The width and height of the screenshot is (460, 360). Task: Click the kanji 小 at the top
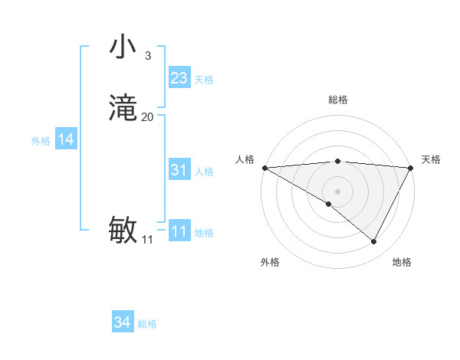[x=123, y=47]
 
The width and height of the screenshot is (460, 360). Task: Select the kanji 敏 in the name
[x=123, y=230]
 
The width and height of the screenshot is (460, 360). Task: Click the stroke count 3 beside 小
[x=147, y=56]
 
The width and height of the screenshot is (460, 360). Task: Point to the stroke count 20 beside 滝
[x=148, y=117]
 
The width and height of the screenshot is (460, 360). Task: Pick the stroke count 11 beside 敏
[x=147, y=240]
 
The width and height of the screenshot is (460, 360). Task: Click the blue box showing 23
[x=179, y=78]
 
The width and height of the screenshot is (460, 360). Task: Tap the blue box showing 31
[x=179, y=170]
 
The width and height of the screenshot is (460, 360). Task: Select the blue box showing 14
[x=66, y=139]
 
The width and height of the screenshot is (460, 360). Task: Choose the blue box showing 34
[x=123, y=322]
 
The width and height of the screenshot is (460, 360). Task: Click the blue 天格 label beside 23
[x=204, y=80]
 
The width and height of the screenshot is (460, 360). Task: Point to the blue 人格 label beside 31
[x=204, y=172]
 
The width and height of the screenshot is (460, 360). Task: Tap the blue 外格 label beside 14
[x=41, y=141]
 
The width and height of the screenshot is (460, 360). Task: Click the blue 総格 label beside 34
[x=147, y=324]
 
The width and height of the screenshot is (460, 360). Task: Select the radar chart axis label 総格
[x=338, y=100]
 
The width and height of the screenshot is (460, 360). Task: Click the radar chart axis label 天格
[x=431, y=159]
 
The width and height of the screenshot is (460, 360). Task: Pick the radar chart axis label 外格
[x=270, y=262]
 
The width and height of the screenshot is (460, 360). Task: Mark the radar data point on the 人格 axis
[x=264, y=168]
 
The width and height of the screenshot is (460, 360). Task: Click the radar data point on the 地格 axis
[x=374, y=242]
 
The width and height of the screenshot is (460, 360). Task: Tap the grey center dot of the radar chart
[x=338, y=191]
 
